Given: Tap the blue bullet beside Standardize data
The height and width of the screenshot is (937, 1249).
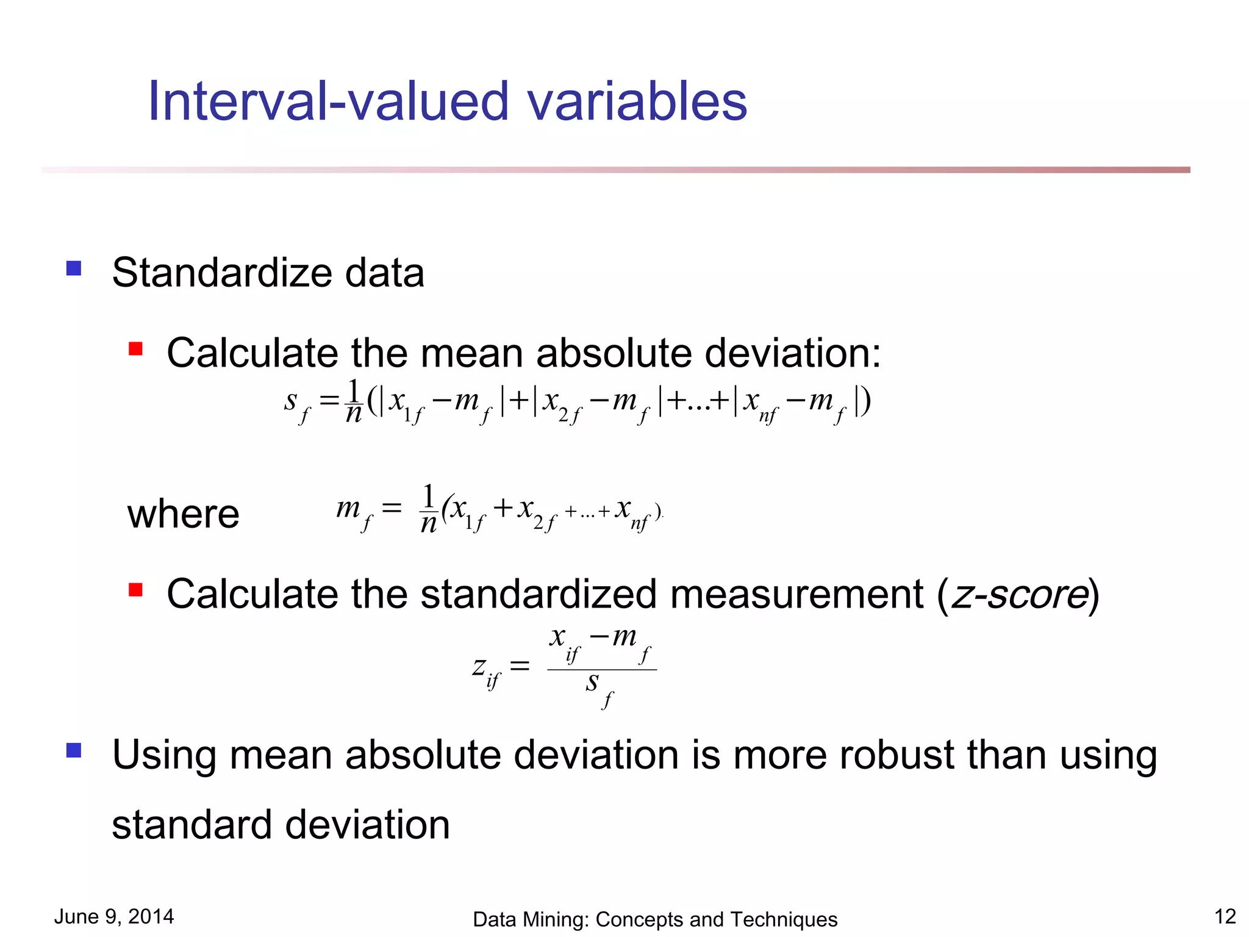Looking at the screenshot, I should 74,268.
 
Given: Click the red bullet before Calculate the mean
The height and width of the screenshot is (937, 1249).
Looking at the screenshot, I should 135,349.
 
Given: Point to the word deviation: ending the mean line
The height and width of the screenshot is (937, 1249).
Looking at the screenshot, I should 792,353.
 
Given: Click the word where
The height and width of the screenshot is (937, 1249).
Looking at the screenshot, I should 183,514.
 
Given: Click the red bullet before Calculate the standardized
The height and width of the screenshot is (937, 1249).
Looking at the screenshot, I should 135,590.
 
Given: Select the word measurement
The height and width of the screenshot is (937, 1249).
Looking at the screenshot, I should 796,594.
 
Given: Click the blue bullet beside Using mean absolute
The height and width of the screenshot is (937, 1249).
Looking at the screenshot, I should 74,750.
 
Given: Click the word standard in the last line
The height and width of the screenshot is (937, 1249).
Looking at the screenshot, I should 191,825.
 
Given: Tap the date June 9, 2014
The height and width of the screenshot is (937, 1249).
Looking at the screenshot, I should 114,916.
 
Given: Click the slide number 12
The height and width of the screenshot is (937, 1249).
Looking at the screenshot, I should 1225,916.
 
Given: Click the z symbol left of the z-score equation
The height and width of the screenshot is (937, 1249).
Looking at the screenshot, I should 479,666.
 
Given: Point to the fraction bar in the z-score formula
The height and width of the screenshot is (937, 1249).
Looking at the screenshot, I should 602,670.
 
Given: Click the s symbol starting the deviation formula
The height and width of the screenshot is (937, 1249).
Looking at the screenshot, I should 291,401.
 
